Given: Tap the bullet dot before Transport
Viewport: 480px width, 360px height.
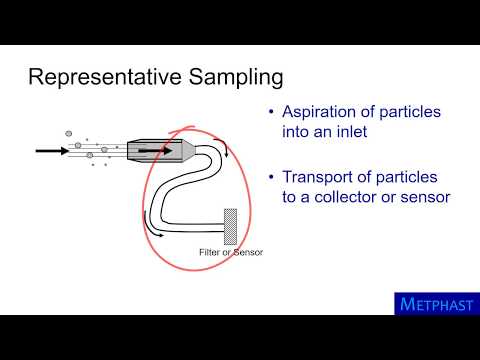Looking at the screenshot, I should point(272,178).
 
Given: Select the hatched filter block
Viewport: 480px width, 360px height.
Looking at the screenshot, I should point(229,226).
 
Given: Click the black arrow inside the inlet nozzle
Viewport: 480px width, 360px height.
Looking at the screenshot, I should point(151,150).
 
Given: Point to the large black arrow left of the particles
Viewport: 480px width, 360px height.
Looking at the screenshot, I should point(49,151).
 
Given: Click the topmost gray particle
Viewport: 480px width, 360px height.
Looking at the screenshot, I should point(69,131).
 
